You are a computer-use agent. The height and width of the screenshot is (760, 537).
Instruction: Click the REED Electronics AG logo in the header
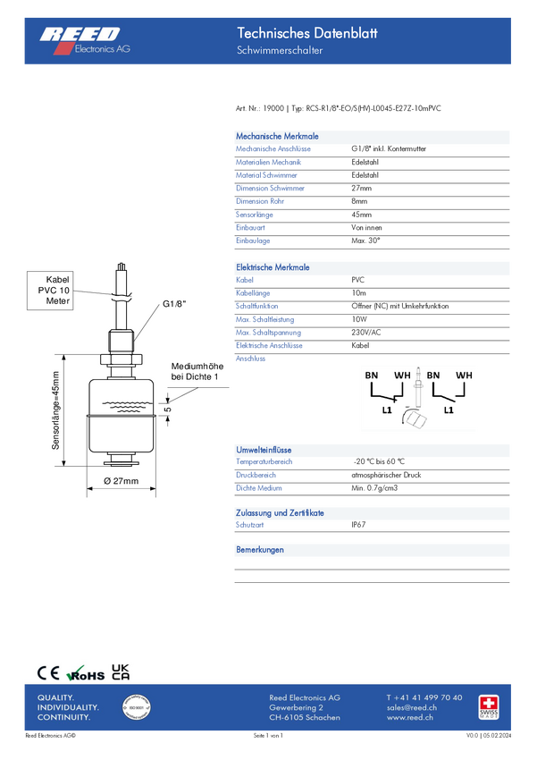(84, 39)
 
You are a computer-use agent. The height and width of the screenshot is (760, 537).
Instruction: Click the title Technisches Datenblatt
(306, 33)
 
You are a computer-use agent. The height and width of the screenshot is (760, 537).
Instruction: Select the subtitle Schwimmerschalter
(280, 51)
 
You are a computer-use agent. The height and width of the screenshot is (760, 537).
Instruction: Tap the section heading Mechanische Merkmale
(277, 137)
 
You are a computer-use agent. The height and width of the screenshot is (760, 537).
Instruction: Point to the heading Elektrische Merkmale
(273, 267)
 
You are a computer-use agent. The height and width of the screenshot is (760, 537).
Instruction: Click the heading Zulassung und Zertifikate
(280, 513)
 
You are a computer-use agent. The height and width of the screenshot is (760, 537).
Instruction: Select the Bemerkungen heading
(260, 549)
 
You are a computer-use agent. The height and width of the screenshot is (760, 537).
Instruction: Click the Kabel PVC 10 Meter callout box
(53, 291)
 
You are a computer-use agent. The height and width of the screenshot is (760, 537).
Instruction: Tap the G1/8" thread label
(175, 304)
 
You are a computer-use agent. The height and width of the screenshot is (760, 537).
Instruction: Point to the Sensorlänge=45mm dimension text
(55, 410)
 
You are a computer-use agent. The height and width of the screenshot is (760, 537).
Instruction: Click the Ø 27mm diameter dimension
(122, 481)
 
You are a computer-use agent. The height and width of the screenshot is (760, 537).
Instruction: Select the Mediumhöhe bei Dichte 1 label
(195, 371)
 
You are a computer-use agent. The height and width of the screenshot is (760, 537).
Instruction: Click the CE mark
(48, 673)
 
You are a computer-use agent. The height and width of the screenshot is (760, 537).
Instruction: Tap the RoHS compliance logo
(87, 673)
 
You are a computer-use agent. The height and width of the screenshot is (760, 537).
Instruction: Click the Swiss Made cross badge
(489, 705)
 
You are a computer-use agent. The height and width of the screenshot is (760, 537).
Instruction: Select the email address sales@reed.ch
(410, 707)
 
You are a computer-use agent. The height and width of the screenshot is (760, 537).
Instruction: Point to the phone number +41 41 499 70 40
(424, 697)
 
